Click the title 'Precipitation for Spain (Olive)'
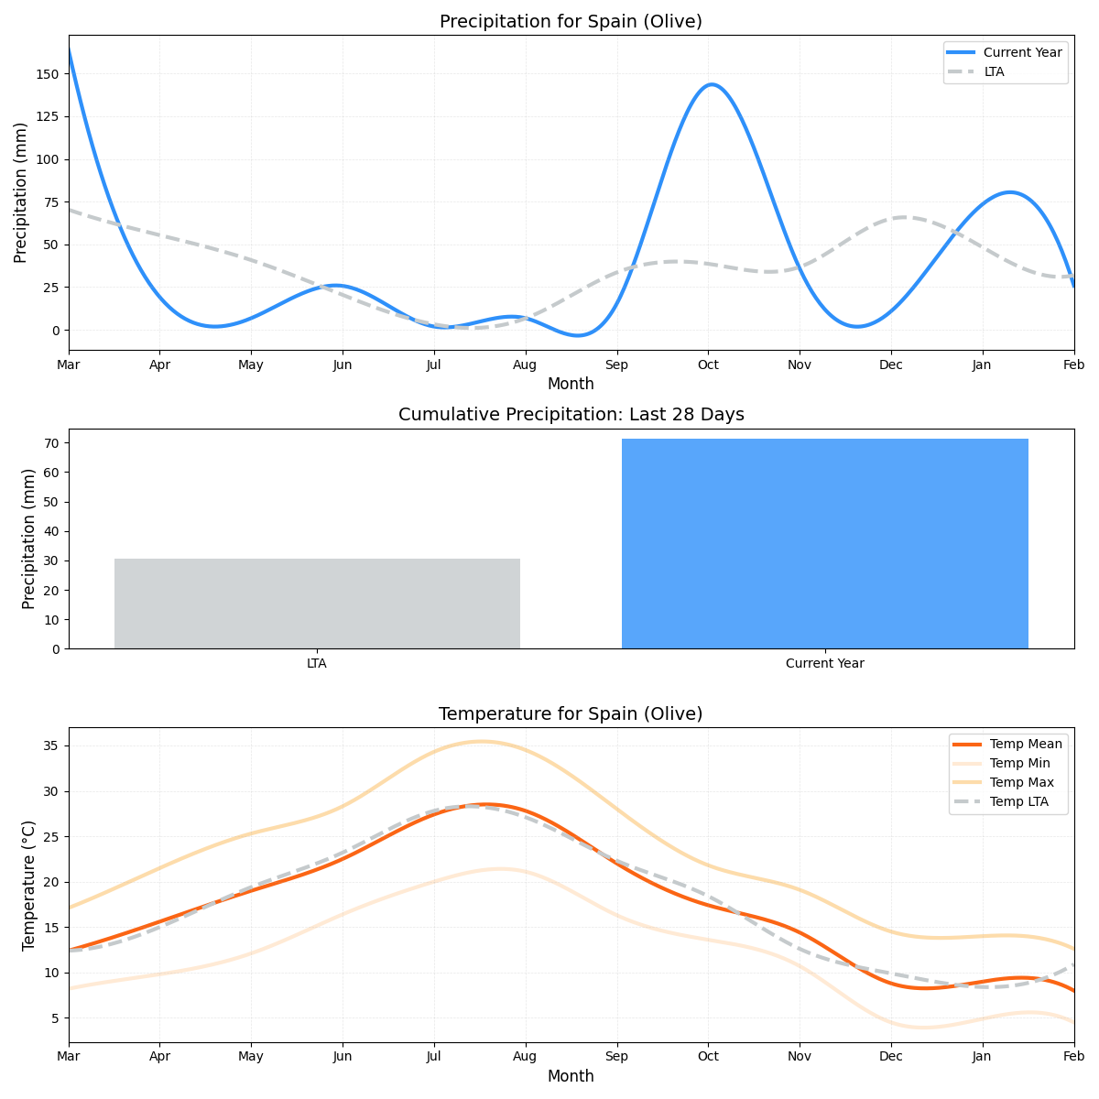571,21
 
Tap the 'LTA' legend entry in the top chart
994,71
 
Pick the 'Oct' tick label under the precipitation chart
708,365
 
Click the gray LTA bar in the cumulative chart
317,604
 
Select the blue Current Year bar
824,544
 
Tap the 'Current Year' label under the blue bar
824,663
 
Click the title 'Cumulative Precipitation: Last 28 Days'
571,415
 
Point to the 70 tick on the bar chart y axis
51,443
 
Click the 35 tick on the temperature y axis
51,745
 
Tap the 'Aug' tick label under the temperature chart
525,1057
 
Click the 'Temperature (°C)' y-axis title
28,885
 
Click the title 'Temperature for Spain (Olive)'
571,714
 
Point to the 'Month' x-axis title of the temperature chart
571,1076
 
